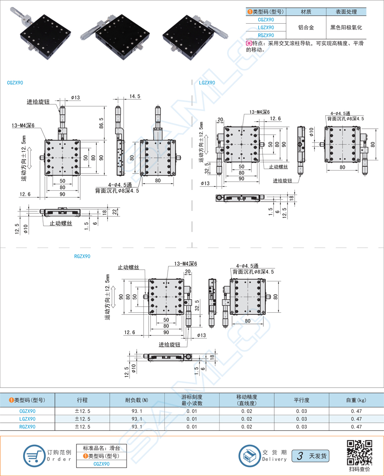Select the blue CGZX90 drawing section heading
pyautogui.click(x=15, y=83)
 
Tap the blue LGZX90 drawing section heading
pyautogui.click(x=207, y=83)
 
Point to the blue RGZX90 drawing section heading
pyautogui.click(x=82, y=256)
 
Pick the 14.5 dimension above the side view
pyautogui.click(x=135, y=97)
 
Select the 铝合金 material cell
pyautogui.click(x=306, y=28)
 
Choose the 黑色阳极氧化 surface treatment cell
pyautogui.click(x=346, y=28)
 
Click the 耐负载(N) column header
pyautogui.click(x=137, y=400)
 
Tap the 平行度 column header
pyautogui.click(x=301, y=400)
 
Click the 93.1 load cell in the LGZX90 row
pyautogui.click(x=137, y=419)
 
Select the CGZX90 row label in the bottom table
pyautogui.click(x=27, y=411)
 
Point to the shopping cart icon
pyautogui.click(x=34, y=455)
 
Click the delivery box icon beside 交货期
pyautogui.click(x=250, y=455)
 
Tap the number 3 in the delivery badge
pyautogui.click(x=300, y=456)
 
